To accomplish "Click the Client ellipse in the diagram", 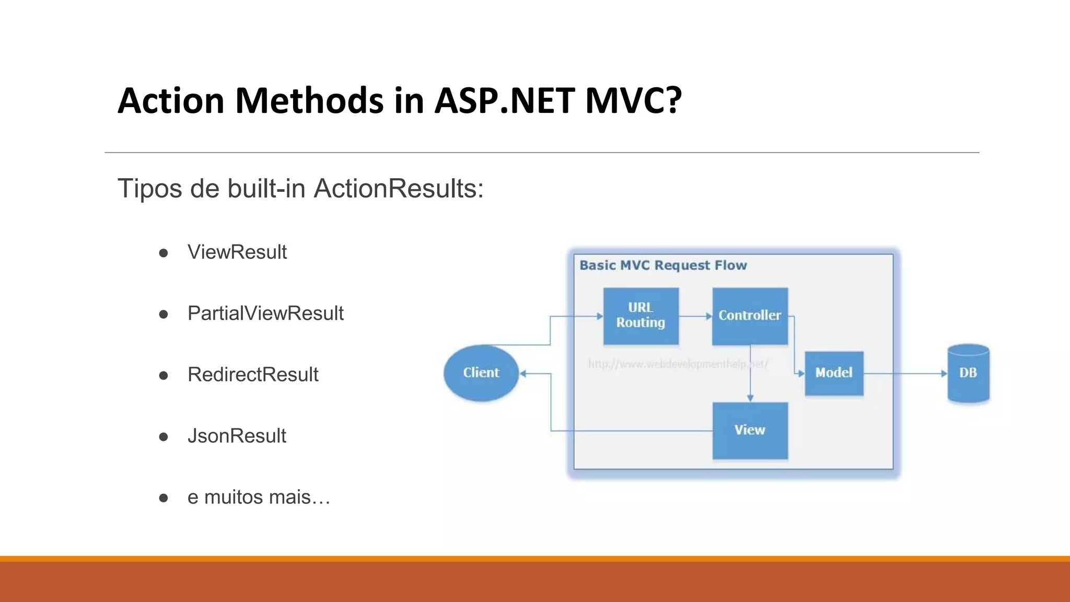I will point(481,373).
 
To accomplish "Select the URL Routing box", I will point(641,316).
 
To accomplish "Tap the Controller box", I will point(750,316).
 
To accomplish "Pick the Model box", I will point(834,373).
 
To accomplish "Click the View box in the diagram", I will point(750,431).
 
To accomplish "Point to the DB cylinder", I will point(968,373).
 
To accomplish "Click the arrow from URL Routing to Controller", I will point(695,316).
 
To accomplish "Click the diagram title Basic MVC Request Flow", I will point(663,265).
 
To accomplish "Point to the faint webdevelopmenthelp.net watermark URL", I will point(678,364).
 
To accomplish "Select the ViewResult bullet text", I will point(237,252).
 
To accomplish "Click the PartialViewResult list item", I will point(265,314).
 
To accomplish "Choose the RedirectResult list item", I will point(253,375).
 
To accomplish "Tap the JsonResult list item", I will point(237,436).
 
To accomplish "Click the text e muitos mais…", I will point(259,497).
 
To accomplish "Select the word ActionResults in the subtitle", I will point(398,189).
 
